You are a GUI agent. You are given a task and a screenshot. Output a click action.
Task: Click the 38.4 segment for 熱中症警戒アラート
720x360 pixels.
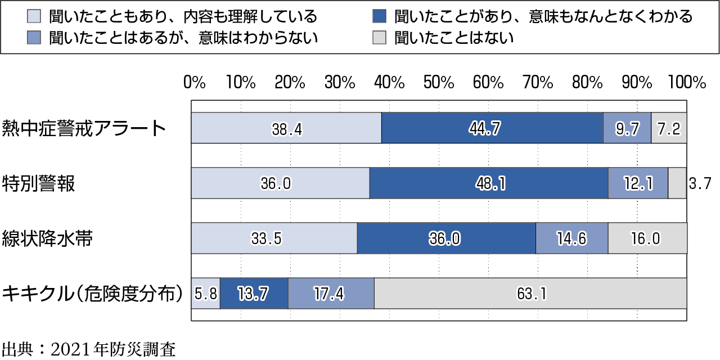[x=286, y=128]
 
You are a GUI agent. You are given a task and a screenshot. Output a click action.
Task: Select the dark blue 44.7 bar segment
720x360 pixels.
[x=492, y=128]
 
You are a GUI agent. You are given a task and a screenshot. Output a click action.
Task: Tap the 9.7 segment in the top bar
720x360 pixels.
[x=627, y=128]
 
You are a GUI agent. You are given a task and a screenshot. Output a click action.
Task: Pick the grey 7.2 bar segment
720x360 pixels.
[x=669, y=128]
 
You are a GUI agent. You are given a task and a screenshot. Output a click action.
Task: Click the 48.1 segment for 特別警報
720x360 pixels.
[x=488, y=183]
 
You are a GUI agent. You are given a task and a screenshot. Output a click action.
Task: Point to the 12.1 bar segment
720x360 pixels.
[x=638, y=183]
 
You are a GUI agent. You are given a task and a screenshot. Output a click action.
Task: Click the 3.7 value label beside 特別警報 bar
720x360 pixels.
[x=700, y=183]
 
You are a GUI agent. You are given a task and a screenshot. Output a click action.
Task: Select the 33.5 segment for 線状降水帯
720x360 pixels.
[x=274, y=238]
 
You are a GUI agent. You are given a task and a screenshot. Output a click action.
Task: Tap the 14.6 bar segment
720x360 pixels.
[x=571, y=238]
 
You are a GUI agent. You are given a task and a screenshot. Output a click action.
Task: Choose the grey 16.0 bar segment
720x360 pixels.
[x=647, y=238]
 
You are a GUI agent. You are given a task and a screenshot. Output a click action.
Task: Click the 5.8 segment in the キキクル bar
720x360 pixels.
[x=205, y=294]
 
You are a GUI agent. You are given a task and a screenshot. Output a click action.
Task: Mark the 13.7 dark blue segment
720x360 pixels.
[x=254, y=294]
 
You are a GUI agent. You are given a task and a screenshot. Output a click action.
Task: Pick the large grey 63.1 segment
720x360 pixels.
[x=530, y=294]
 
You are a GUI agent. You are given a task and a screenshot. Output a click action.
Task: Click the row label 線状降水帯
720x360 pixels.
[x=47, y=238]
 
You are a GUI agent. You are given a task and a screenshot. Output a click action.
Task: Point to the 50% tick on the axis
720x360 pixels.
[x=439, y=83]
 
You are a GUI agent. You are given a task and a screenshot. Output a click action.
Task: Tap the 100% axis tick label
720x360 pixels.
[x=687, y=83]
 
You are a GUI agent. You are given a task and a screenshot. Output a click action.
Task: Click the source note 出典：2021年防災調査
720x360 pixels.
[x=89, y=349]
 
